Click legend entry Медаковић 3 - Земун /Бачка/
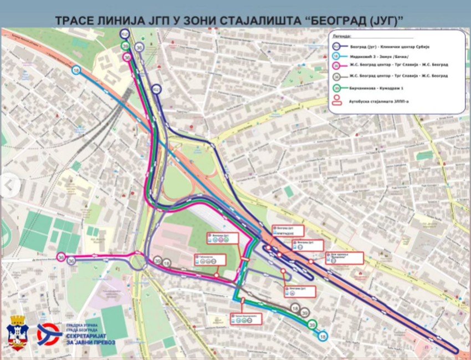tap(376, 57)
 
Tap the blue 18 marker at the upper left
tap(76, 70)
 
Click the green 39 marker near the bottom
tap(313, 325)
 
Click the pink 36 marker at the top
tap(127, 57)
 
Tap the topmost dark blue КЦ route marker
tap(124, 34)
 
